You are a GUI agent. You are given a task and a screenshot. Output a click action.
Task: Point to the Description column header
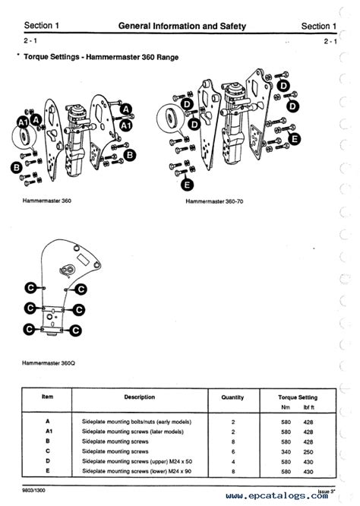[x=139, y=397]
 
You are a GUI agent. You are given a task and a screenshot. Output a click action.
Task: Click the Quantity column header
[x=232, y=397]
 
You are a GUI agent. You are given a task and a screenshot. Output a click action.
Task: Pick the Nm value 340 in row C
[x=286, y=451]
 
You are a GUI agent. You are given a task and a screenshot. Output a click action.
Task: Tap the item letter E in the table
[x=46, y=470]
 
